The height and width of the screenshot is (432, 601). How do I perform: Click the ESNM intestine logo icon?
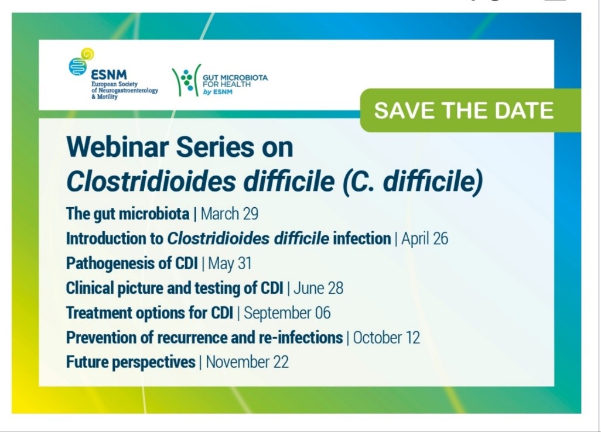coord(81,62)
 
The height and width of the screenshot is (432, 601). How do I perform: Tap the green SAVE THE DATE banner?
coord(470,110)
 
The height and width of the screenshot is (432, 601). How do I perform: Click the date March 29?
coord(229,214)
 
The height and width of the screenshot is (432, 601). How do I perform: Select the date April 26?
coord(425,239)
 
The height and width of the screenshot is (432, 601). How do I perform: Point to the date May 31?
coord(230,263)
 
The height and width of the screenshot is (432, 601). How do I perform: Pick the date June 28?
coord(318,288)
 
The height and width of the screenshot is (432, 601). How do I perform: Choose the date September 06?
coord(287,313)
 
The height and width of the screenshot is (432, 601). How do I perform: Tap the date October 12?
coord(387,338)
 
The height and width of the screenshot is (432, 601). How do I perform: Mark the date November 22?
coord(247,362)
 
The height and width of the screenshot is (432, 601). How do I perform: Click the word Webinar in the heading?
coord(118,147)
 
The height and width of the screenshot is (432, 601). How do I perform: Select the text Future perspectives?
coord(131,362)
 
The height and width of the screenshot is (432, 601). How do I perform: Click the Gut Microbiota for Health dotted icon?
coord(187,80)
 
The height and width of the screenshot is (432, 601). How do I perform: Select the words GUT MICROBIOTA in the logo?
coord(235,78)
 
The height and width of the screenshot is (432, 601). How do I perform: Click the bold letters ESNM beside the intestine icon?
coord(109,75)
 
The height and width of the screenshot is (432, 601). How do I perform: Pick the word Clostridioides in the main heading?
coord(151,181)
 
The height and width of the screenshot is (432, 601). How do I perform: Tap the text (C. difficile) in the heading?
coord(412,182)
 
